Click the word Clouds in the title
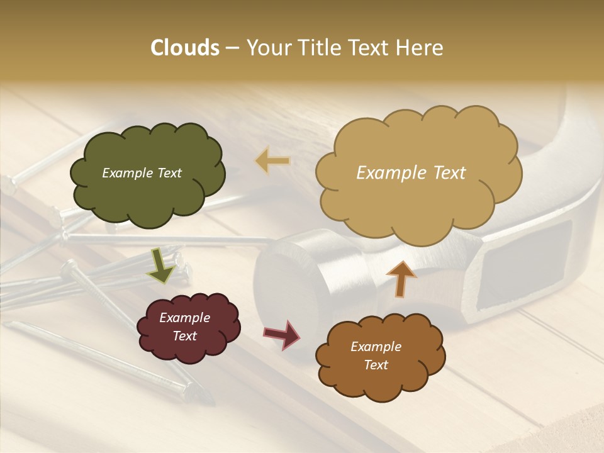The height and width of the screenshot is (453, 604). (x=185, y=48)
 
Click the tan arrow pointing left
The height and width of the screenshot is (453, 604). (x=272, y=162)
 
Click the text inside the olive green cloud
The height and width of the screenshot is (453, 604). (x=142, y=173)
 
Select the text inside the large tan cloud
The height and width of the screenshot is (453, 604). (x=411, y=173)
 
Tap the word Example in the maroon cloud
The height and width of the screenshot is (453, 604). (x=184, y=318)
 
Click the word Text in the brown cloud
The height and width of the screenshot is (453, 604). (x=376, y=365)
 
